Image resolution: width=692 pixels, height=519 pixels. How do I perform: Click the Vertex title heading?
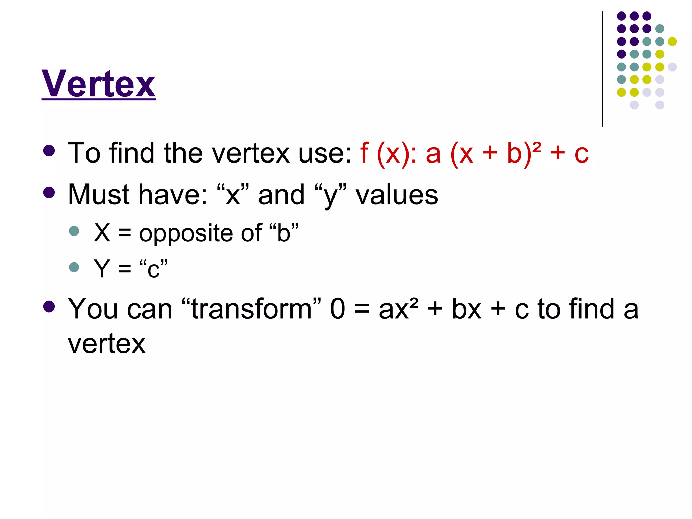tap(98, 83)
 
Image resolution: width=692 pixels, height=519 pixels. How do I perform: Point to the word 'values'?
tap(397, 195)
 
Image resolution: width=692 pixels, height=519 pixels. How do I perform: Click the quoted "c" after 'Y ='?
tap(153, 269)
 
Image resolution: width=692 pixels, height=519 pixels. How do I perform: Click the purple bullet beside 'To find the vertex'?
tap(49, 151)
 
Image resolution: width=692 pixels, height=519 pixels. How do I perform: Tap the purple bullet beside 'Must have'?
tap(49, 192)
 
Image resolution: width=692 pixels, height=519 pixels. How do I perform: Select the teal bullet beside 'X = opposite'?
tap(74, 231)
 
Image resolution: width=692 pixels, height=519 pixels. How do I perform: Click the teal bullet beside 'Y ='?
tap(74, 267)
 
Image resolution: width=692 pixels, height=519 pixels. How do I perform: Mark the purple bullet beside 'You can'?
tap(49, 306)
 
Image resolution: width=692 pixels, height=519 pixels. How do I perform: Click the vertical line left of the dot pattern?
tap(602, 69)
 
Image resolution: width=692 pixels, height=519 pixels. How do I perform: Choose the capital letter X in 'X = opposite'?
tap(102, 233)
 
